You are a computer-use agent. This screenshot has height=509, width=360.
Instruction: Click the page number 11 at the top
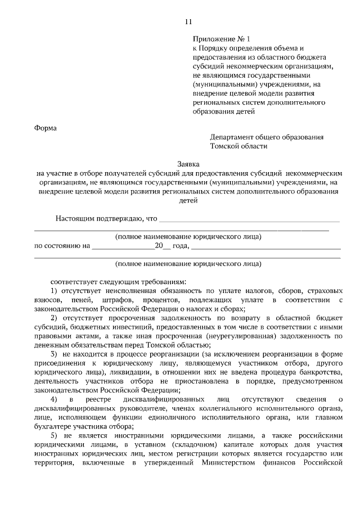point(188,22)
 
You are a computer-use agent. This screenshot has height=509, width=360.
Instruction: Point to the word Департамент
point(232,137)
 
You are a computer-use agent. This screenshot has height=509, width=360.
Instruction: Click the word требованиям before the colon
point(159,281)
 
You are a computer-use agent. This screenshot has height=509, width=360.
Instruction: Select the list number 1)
point(54,290)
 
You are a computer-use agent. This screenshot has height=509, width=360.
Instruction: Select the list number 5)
point(54,435)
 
